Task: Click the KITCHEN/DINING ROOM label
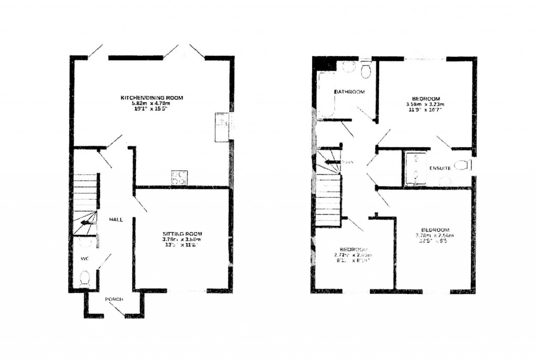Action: coord(152,98)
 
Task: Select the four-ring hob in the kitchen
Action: coord(179,177)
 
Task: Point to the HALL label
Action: coord(116,220)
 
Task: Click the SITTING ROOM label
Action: coord(182,234)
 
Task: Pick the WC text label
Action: coord(84,259)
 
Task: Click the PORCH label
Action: coord(114,299)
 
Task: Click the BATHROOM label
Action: coord(350,92)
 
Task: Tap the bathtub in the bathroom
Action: coord(327,95)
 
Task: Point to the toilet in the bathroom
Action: coord(366,70)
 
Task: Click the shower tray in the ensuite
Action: coord(415,169)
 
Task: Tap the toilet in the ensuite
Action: coord(461,166)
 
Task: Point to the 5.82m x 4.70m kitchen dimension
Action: coord(152,104)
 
